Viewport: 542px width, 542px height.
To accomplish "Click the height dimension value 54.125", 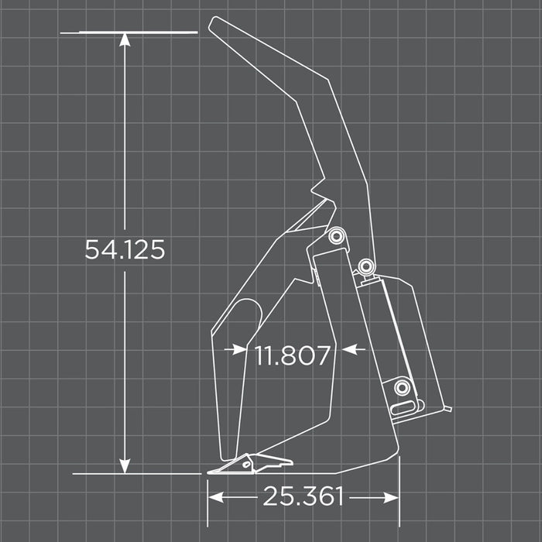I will pyautogui.click(x=125, y=249).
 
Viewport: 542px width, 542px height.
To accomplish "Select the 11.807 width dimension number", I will pyautogui.click(x=293, y=355).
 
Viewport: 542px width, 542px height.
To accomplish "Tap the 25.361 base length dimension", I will pyautogui.click(x=303, y=496).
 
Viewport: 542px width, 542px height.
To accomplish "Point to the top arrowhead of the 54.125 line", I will pyautogui.click(x=124, y=39).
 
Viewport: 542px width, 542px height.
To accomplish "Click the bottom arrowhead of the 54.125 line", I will pyautogui.click(x=124, y=466).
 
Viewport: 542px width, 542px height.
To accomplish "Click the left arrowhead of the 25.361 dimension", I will pyautogui.click(x=214, y=496).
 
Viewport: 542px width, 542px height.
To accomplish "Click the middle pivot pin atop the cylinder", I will pyautogui.click(x=365, y=267).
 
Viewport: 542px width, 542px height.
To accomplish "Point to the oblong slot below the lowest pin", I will pyautogui.click(x=403, y=406).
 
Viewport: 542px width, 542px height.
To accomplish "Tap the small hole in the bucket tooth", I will pyautogui.click(x=247, y=465).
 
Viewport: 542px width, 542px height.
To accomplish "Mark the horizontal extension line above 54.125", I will pyautogui.click(x=129, y=33).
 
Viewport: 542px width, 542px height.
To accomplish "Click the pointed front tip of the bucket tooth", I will pyautogui.click(x=208, y=471).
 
